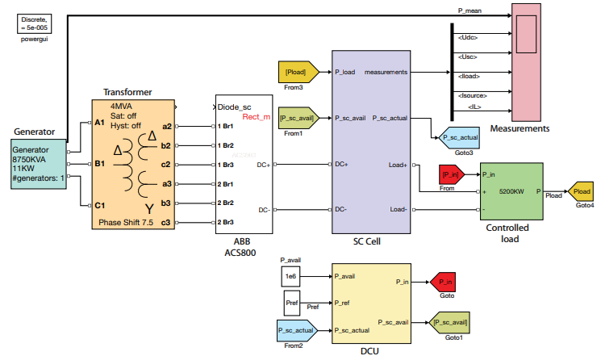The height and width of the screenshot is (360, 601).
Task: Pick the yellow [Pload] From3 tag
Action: pyautogui.click(x=294, y=73)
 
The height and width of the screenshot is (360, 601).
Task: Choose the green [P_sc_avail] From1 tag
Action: pyautogui.click(x=298, y=118)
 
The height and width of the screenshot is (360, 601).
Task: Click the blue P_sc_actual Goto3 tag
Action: pyautogui.click(x=458, y=138)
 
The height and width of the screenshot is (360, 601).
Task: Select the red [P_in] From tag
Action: pyautogui.click(x=449, y=175)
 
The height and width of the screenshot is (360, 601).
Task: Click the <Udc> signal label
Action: pyautogui.click(x=469, y=39)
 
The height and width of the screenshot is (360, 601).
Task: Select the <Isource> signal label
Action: pyautogui.click(x=471, y=95)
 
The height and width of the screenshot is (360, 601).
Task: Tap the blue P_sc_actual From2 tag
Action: pyautogui.click(x=294, y=329)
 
